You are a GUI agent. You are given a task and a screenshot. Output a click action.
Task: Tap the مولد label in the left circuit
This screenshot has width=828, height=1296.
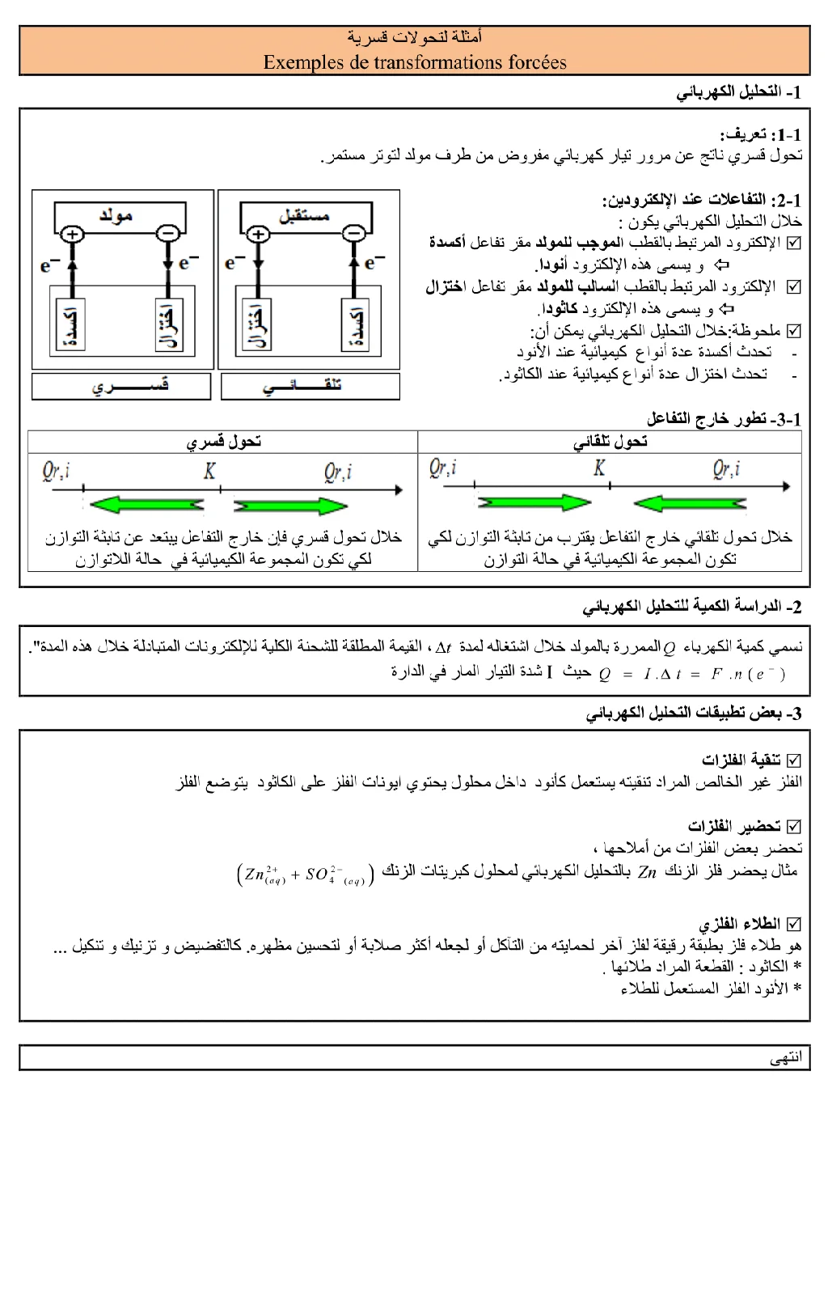click(x=116, y=215)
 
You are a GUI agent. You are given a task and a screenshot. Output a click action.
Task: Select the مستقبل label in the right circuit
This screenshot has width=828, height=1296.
click(x=304, y=215)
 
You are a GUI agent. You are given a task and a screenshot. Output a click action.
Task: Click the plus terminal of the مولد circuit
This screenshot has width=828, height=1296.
click(x=73, y=235)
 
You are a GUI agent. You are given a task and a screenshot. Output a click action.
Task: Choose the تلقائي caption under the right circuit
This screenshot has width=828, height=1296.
click(x=309, y=386)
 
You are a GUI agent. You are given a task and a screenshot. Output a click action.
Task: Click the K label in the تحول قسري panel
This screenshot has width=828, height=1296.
click(x=210, y=471)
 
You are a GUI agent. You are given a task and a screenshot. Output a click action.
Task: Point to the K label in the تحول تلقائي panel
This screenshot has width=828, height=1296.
click(x=599, y=468)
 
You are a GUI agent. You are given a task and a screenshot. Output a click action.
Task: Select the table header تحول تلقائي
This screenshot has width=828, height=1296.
click(x=610, y=442)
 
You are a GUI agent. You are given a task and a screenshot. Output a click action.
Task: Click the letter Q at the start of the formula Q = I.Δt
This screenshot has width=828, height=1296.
click(x=604, y=675)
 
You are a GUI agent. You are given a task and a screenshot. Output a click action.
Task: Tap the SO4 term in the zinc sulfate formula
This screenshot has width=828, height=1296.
click(x=319, y=875)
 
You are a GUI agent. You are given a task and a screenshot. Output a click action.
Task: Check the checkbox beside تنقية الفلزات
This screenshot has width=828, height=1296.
click(x=794, y=760)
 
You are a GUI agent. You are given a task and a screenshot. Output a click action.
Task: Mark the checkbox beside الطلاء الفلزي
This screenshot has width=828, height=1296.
click(x=794, y=923)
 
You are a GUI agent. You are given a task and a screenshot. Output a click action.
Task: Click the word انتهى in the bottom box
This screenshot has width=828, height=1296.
click(x=786, y=1058)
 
